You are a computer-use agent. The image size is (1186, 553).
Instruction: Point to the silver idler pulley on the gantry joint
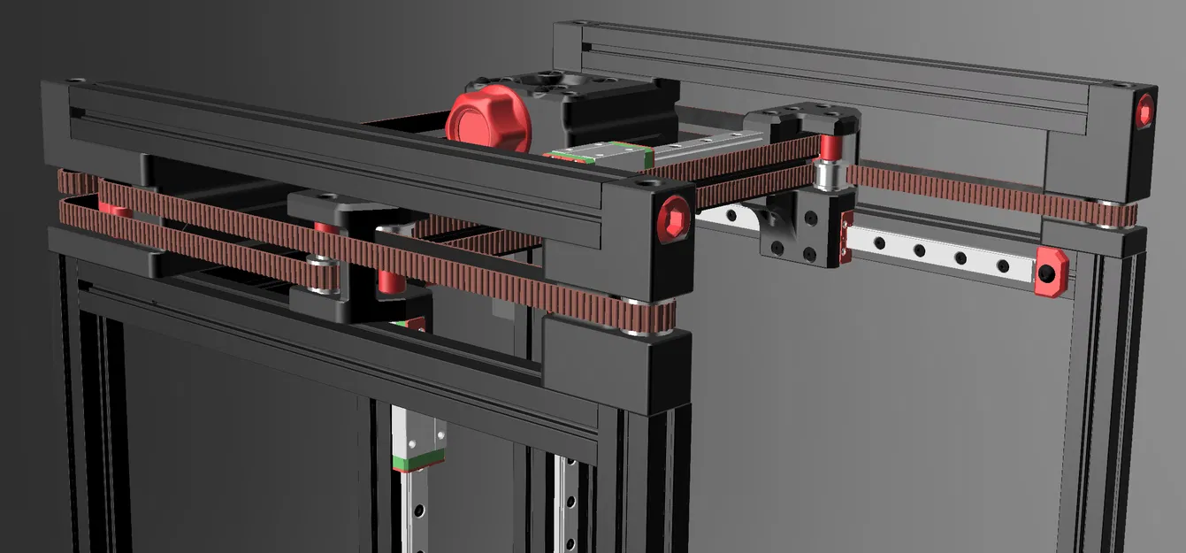[829, 175]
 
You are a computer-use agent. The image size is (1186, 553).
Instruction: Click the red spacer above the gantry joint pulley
[829, 145]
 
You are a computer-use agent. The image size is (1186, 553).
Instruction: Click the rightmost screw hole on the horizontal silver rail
[1003, 265]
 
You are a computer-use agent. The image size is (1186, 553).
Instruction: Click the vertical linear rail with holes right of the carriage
[566, 504]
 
